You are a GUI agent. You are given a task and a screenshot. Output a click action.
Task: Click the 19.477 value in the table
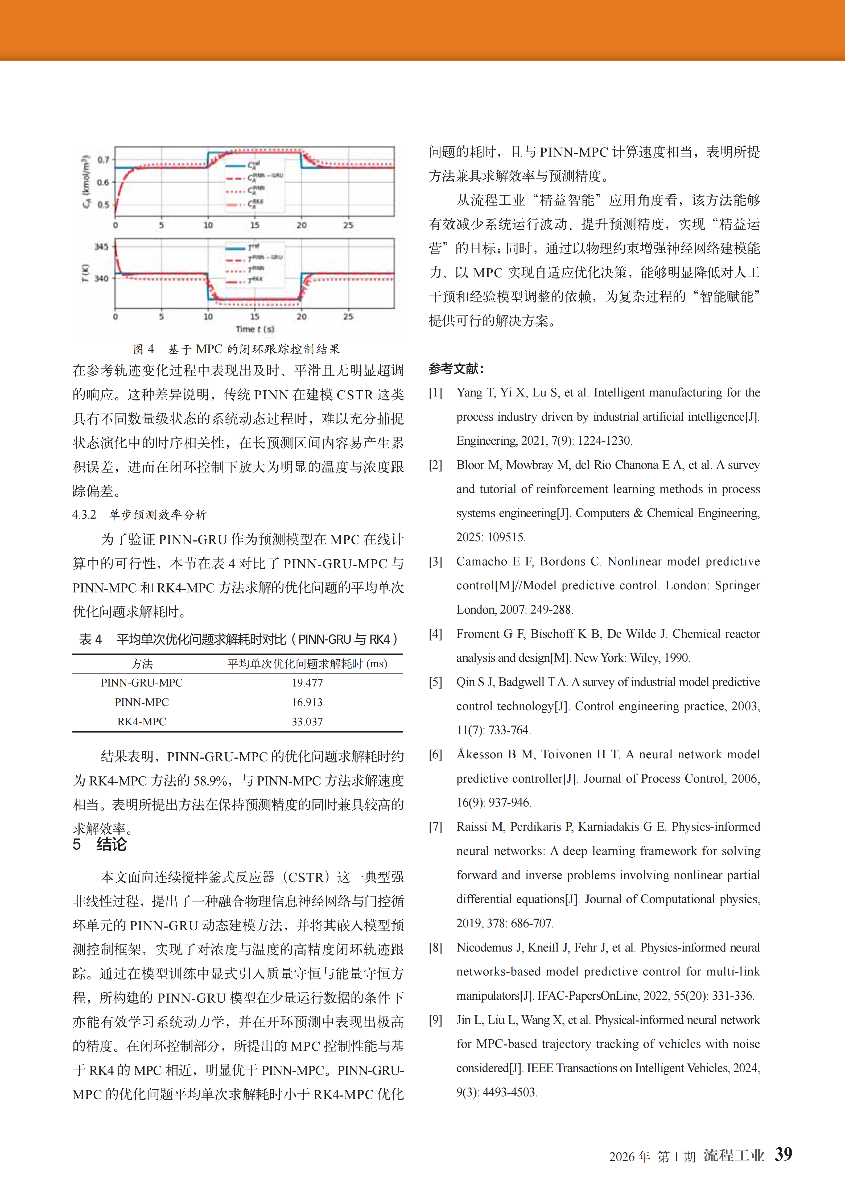pos(307,683)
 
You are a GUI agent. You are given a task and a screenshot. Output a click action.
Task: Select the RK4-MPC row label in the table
pos(142,721)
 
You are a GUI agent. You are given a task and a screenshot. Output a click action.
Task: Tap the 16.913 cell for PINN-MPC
pos(307,702)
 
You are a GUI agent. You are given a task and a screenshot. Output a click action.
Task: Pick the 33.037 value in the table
pos(307,721)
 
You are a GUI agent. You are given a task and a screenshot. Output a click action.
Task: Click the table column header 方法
pos(142,664)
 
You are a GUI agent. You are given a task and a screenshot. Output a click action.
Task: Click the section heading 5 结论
pos(100,844)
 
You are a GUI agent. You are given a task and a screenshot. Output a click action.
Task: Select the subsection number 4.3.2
pos(84,515)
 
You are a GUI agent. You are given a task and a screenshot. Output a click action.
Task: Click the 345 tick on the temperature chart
pos(101,246)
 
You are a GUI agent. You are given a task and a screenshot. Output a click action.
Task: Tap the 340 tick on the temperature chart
pos(101,278)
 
